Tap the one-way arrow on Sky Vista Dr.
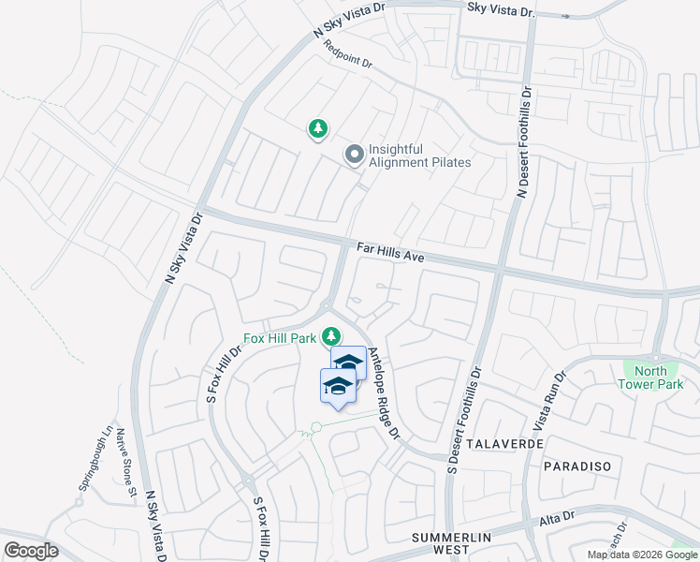[x=565, y=16]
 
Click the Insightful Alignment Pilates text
[x=420, y=155]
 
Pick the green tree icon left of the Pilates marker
[x=318, y=129]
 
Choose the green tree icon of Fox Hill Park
[x=330, y=335]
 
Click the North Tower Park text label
[x=651, y=377]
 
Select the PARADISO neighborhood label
[x=576, y=466]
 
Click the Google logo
[x=31, y=551]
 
